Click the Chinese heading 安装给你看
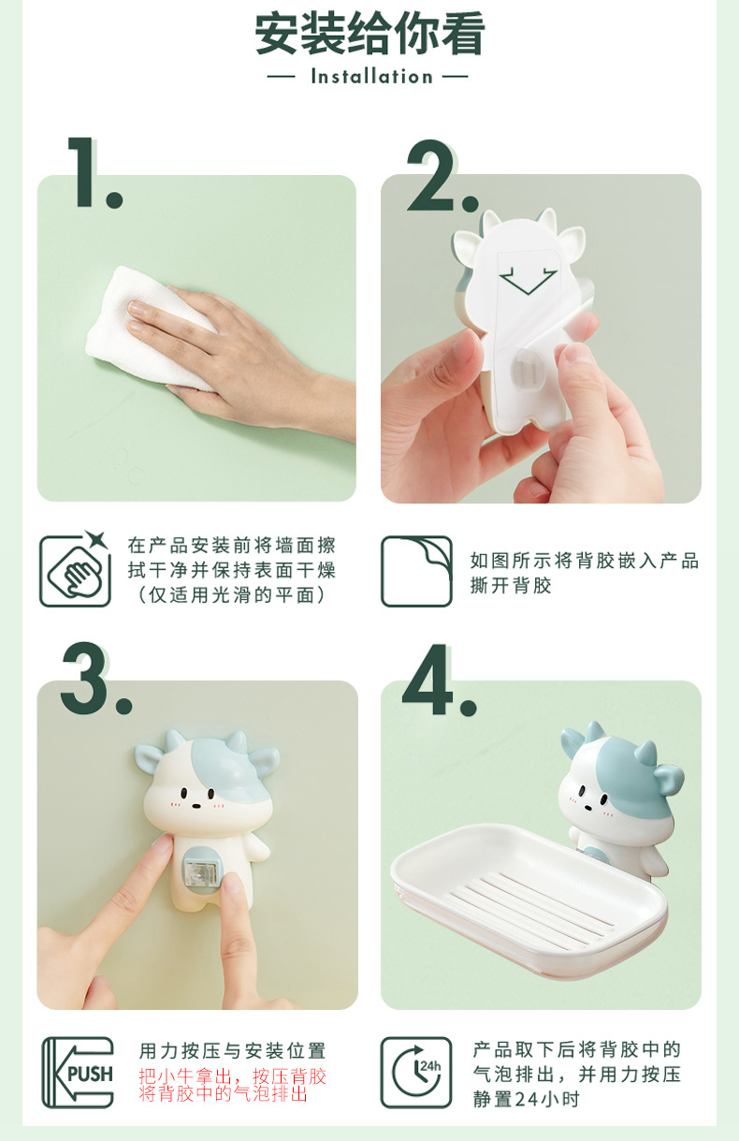click(369, 35)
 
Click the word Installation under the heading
click(371, 77)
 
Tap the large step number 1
click(93, 173)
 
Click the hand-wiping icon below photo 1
click(75, 570)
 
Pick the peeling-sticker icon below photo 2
click(416, 571)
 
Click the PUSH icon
click(78, 1073)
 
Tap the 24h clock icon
click(416, 1073)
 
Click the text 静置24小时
click(526, 1099)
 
